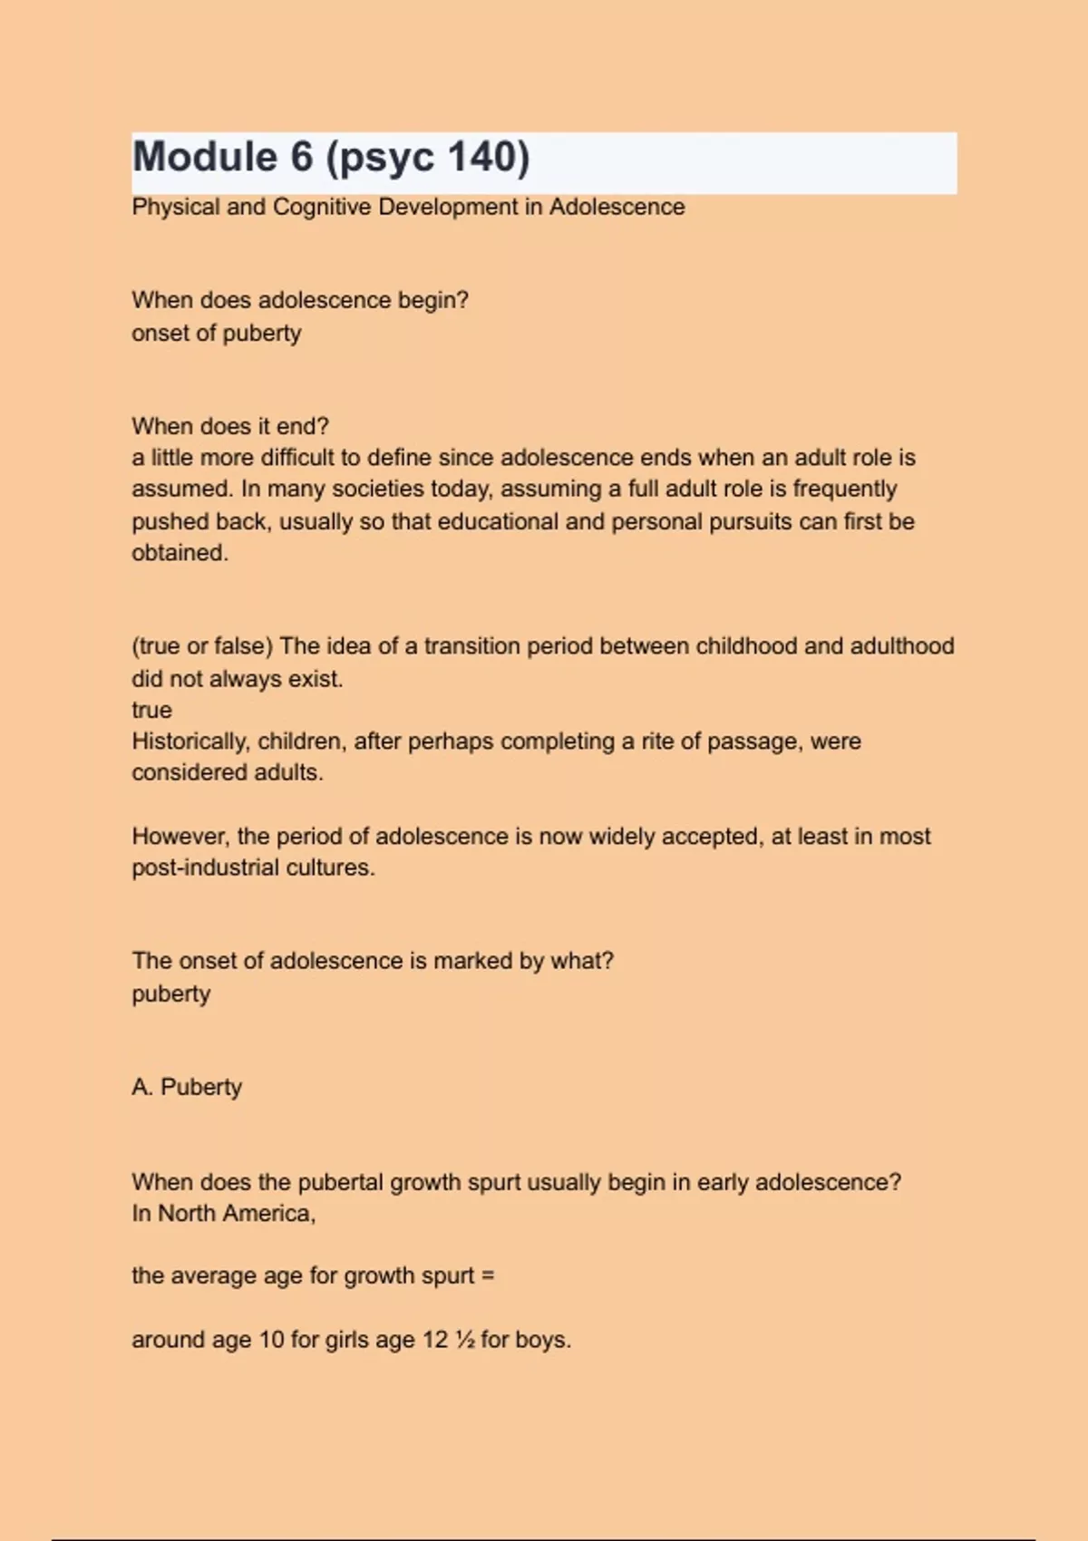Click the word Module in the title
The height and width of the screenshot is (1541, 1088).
point(205,157)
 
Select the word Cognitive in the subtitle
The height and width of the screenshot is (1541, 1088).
point(322,208)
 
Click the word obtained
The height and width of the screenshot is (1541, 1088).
point(180,553)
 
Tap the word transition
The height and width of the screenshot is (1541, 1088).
point(471,646)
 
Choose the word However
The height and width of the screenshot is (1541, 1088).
point(180,837)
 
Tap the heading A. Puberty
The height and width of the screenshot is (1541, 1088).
point(187,1087)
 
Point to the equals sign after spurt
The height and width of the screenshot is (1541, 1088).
point(488,1276)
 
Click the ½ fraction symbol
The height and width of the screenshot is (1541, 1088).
point(465,1340)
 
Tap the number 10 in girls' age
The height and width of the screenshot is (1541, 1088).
point(271,1340)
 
